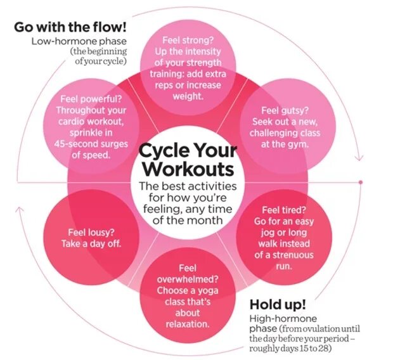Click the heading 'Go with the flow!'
coord(70,28)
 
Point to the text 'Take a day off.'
coord(91,244)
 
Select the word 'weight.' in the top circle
coord(188,96)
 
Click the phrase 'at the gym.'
coord(285,144)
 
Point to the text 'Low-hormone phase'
coord(79,41)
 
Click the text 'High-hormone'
coord(283,318)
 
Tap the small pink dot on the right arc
coord(360,183)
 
